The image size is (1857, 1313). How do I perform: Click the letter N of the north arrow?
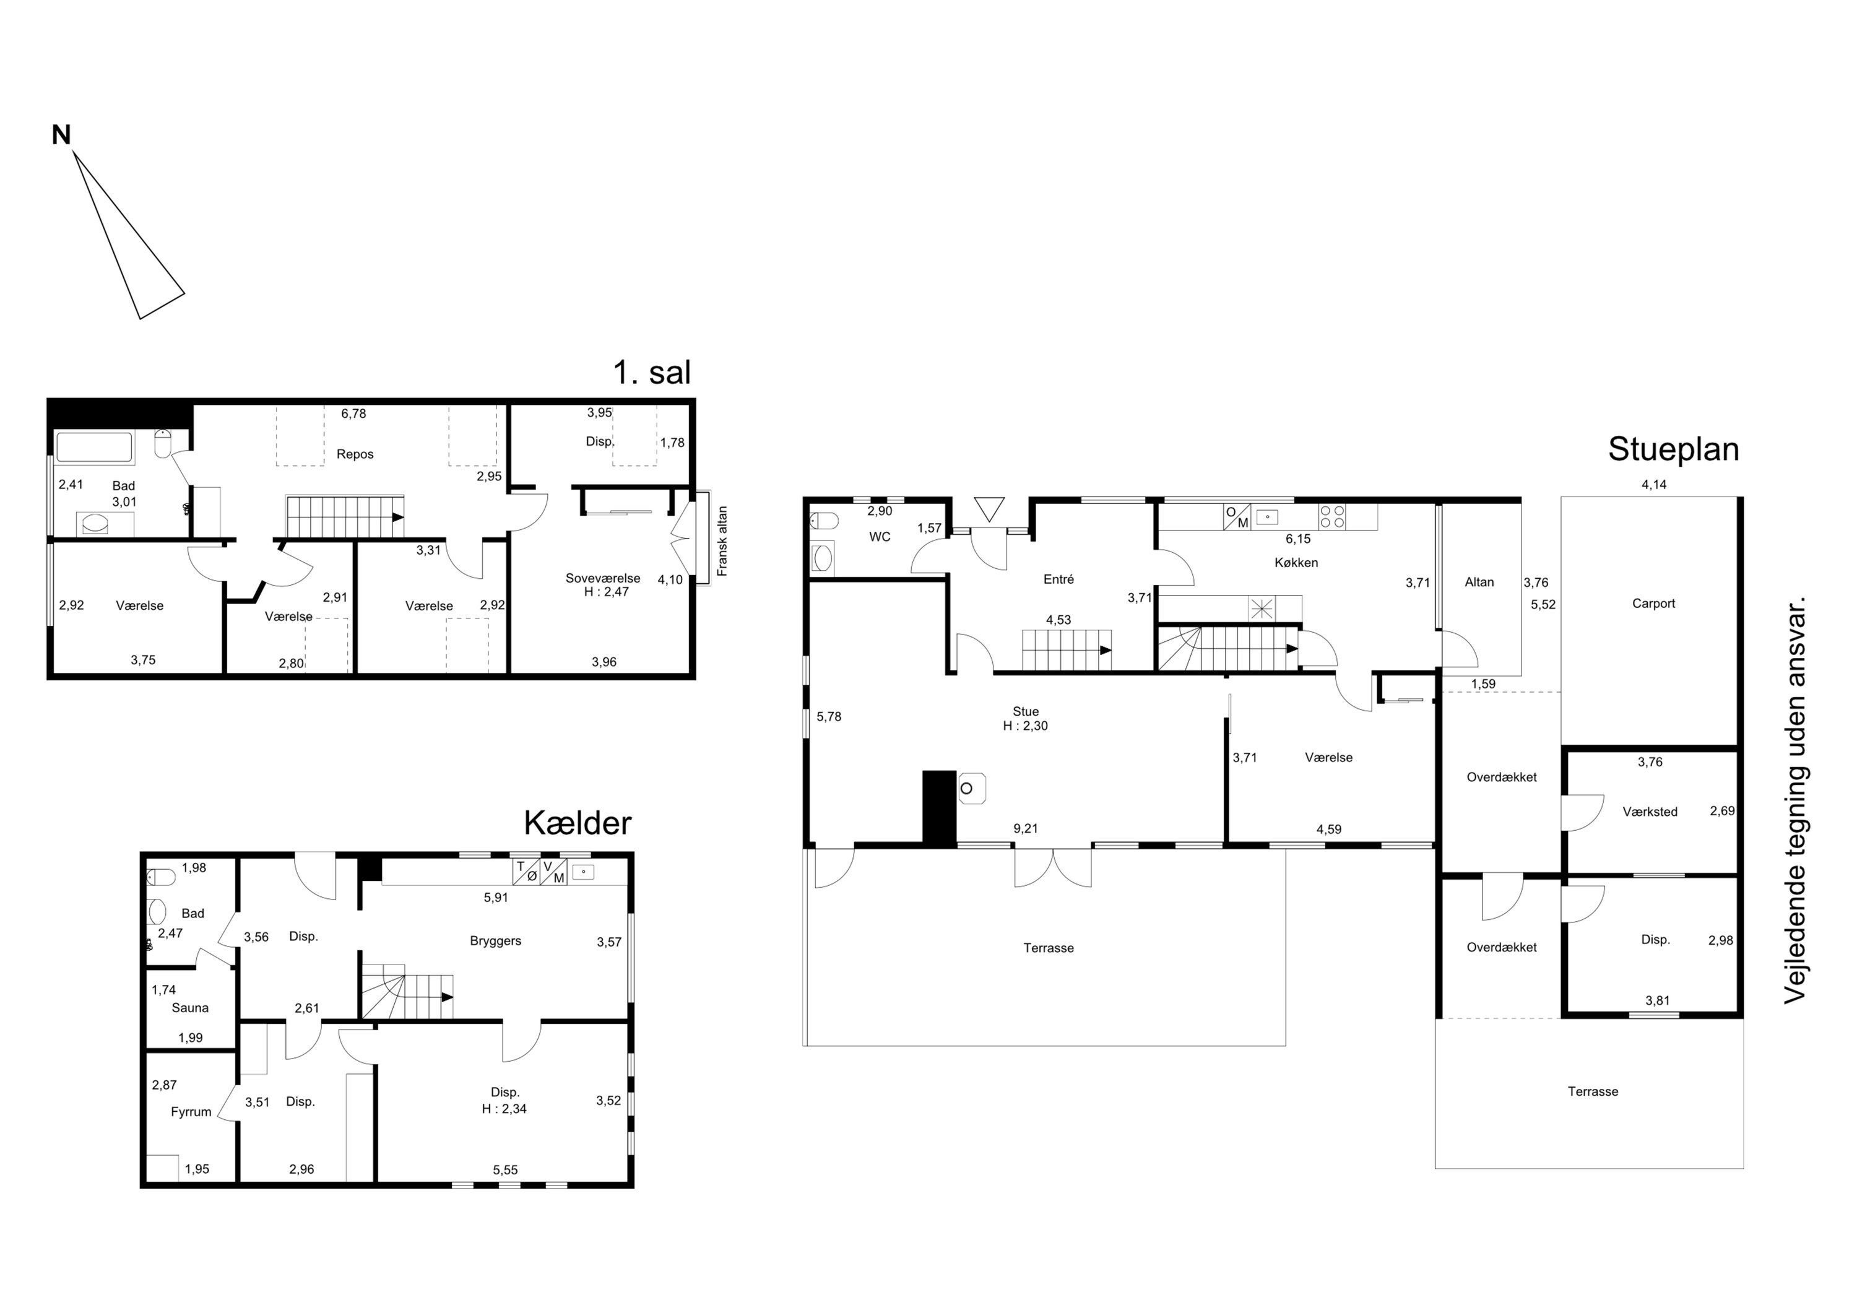(x=61, y=135)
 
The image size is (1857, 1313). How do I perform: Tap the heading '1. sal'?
(x=652, y=372)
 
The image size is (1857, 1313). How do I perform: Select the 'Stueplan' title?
(x=1673, y=450)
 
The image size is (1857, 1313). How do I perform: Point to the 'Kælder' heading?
(x=578, y=823)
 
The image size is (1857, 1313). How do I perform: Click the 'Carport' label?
(x=1653, y=604)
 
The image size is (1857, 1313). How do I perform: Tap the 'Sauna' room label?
(x=190, y=1008)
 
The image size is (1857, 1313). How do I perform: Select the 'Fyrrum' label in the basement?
(x=191, y=1112)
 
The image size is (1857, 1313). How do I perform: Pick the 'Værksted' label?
(x=1650, y=812)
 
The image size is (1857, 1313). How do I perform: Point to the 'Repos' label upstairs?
(x=355, y=454)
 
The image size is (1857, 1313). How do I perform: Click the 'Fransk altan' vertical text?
(x=722, y=541)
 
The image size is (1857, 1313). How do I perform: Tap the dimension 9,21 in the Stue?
(x=1026, y=828)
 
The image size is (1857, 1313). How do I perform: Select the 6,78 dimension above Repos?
(x=353, y=414)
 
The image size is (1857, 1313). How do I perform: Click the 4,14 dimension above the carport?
(x=1654, y=485)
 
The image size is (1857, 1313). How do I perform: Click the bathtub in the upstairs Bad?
(x=93, y=448)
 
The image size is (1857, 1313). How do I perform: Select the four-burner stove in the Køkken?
(x=1332, y=517)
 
